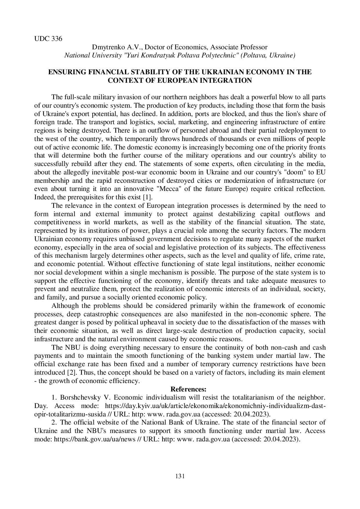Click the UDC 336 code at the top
pos(48,39)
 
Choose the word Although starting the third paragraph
pos(65,306)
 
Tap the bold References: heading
pos(188,389)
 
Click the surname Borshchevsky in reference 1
pos(80,397)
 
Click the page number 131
pos(180,476)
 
